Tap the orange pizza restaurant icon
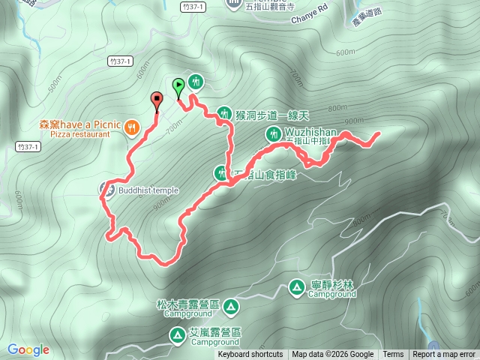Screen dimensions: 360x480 [x=132, y=127]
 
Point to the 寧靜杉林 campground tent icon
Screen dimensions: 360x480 [x=296, y=286]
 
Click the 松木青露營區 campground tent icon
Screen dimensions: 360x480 [x=230, y=306]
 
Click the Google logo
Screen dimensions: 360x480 [x=28, y=349]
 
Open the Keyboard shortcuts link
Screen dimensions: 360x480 [x=250, y=355]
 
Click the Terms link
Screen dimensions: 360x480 [x=393, y=355]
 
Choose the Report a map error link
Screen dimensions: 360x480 [x=444, y=355]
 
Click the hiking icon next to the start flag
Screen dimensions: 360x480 [x=196, y=81]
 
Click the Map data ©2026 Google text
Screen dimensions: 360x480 [x=332, y=355]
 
